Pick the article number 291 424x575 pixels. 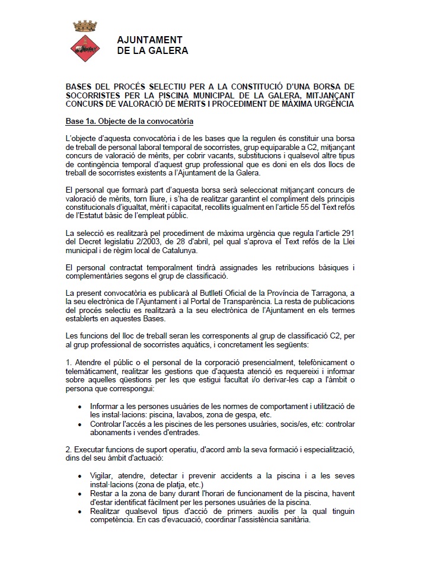[x=347, y=230]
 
